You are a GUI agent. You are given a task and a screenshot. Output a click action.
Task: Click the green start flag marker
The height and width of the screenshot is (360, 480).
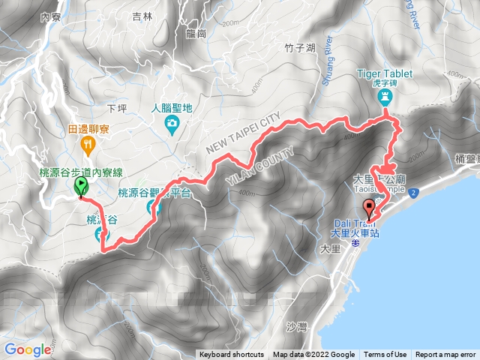(x=80, y=185)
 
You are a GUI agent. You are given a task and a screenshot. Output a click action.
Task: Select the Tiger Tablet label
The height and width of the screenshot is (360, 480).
(x=382, y=73)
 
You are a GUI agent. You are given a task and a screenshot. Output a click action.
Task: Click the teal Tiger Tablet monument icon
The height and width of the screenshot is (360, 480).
(x=384, y=97)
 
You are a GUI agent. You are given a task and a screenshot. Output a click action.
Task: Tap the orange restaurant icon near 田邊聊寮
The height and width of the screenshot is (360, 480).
(x=89, y=145)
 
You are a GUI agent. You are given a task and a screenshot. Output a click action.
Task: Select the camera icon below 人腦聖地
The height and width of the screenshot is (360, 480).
(x=172, y=123)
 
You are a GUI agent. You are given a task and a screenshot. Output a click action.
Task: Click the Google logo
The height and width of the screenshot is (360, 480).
(x=28, y=349)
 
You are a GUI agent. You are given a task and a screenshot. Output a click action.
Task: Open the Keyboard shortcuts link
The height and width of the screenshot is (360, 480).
(x=232, y=355)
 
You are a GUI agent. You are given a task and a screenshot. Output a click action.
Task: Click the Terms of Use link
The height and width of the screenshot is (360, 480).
(x=385, y=355)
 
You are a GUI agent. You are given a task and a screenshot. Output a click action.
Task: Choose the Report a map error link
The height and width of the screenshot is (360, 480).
(x=445, y=355)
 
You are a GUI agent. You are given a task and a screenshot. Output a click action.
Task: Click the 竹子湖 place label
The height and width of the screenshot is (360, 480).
(x=278, y=49)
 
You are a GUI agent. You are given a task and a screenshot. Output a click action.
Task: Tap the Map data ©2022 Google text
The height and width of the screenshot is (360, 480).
(x=313, y=355)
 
